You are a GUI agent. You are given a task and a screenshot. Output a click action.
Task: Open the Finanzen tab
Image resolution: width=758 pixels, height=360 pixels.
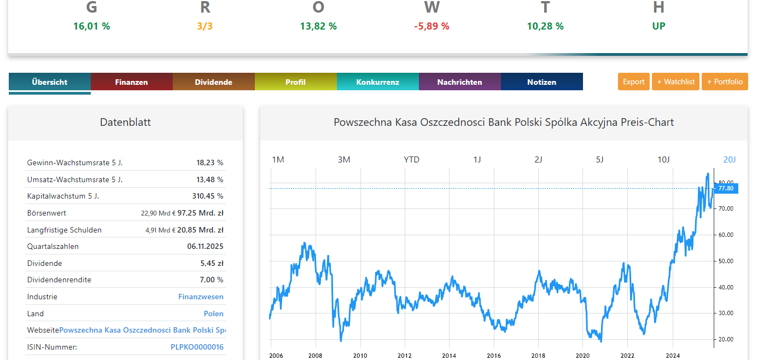(x=131, y=82)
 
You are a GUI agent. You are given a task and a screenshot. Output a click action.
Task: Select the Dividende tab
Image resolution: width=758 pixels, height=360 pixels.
(x=213, y=82)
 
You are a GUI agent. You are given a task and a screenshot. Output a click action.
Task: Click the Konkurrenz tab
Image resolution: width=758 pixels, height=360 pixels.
(x=377, y=82)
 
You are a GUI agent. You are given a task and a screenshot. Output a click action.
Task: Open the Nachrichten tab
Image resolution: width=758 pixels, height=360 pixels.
(x=459, y=82)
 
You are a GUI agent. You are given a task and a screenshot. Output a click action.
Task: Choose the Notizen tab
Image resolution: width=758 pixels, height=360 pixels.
(x=541, y=82)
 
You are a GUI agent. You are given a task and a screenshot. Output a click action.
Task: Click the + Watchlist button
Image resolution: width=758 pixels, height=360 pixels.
(x=675, y=82)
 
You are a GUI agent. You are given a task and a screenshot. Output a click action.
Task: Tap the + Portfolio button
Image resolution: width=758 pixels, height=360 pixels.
(x=725, y=82)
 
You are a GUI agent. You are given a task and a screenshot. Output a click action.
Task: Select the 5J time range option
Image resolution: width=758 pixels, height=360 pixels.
(x=599, y=160)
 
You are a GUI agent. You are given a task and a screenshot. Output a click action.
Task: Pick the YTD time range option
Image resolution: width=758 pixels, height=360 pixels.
(x=411, y=160)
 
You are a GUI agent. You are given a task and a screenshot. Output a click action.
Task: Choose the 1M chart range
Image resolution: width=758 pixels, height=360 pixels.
(x=278, y=160)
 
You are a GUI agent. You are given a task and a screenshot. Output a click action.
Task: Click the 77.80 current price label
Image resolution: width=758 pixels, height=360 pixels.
(x=726, y=188)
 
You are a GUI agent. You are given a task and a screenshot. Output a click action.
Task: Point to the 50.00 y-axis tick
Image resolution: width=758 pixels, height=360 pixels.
(x=725, y=261)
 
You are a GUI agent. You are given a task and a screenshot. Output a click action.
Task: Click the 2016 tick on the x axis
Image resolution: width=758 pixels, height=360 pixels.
(x=493, y=355)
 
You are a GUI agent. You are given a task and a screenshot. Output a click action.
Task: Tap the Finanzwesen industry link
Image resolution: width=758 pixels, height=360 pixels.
(x=201, y=297)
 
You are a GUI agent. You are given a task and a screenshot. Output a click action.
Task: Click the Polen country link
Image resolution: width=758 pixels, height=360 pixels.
(x=213, y=313)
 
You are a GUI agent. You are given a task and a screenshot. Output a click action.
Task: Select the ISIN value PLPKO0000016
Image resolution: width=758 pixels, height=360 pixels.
(x=197, y=347)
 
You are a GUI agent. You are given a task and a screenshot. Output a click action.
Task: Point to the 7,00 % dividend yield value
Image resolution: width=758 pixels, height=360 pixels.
(x=212, y=280)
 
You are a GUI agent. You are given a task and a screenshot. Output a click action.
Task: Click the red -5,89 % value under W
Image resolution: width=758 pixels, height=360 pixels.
(x=432, y=26)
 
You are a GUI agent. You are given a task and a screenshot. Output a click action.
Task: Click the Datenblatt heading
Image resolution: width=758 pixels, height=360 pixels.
(x=125, y=122)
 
